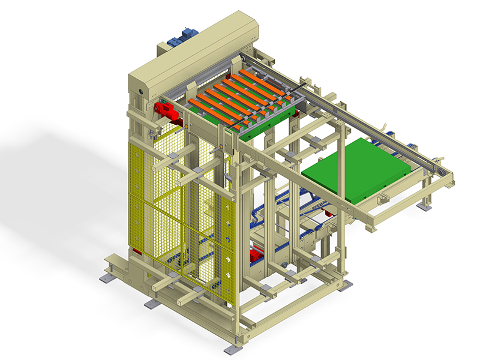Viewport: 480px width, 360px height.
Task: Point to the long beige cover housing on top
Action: click(198, 51)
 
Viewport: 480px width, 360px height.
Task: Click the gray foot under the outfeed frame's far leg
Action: click(425, 206)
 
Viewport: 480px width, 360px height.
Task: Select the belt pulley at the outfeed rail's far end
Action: click(443, 175)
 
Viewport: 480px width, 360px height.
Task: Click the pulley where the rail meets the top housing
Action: click(244, 57)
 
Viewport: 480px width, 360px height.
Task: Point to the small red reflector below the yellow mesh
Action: click(136, 251)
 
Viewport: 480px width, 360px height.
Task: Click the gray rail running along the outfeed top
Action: click(360, 120)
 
